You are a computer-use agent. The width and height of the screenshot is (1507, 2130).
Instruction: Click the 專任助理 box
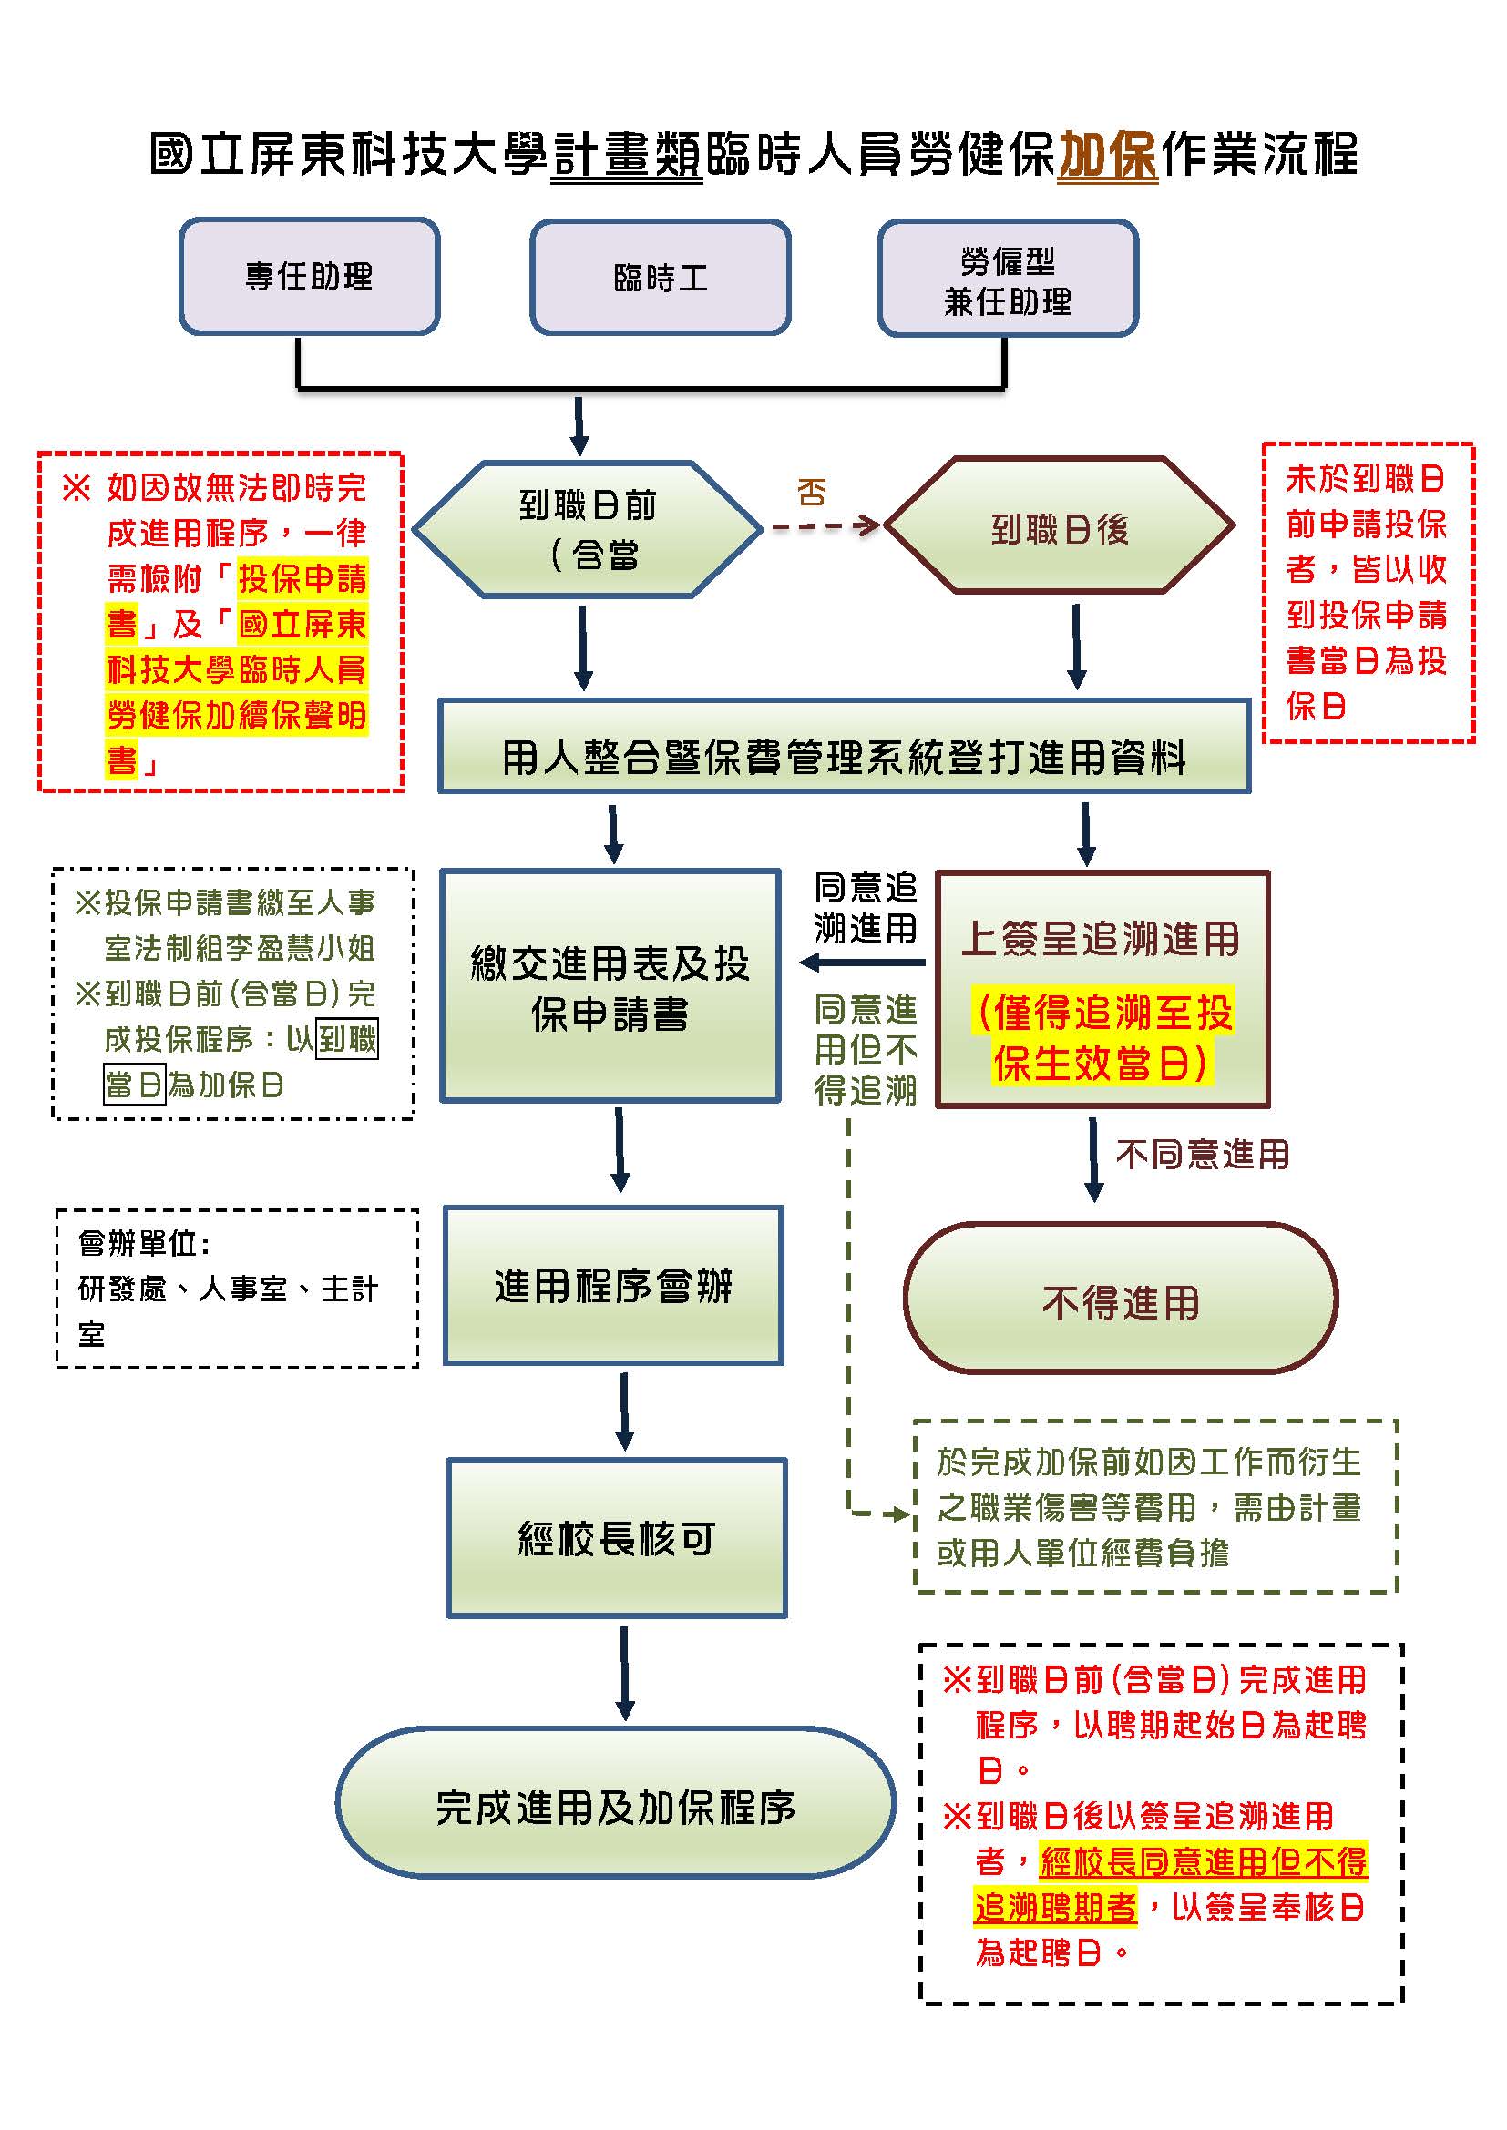tap(309, 277)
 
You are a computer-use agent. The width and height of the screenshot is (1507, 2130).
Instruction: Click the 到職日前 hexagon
tap(587, 529)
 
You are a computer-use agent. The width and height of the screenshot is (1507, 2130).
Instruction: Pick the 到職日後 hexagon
tap(1060, 527)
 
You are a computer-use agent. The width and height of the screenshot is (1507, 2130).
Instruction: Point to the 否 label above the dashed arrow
tap(812, 492)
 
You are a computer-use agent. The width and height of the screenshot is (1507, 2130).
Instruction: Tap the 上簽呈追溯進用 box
tap(1102, 989)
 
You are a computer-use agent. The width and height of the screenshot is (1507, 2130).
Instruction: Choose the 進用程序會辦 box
tap(612, 1286)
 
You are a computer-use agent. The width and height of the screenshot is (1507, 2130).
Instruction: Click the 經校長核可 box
tap(617, 1538)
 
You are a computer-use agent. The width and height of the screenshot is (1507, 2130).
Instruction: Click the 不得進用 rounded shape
tap(1120, 1300)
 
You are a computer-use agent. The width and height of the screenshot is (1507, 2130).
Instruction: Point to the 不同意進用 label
tap(1203, 1155)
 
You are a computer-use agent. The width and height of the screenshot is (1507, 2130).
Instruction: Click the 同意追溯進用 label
tap(865, 907)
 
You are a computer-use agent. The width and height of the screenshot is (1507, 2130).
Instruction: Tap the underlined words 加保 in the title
tap(1107, 154)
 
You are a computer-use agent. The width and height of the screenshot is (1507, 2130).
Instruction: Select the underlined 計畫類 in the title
tap(627, 154)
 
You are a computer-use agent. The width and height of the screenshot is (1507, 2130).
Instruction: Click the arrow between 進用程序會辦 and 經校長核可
tap(624, 1410)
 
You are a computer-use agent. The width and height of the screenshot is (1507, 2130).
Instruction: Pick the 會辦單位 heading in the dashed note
tap(145, 1243)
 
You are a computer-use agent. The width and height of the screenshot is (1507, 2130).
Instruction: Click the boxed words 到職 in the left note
tap(348, 1039)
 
